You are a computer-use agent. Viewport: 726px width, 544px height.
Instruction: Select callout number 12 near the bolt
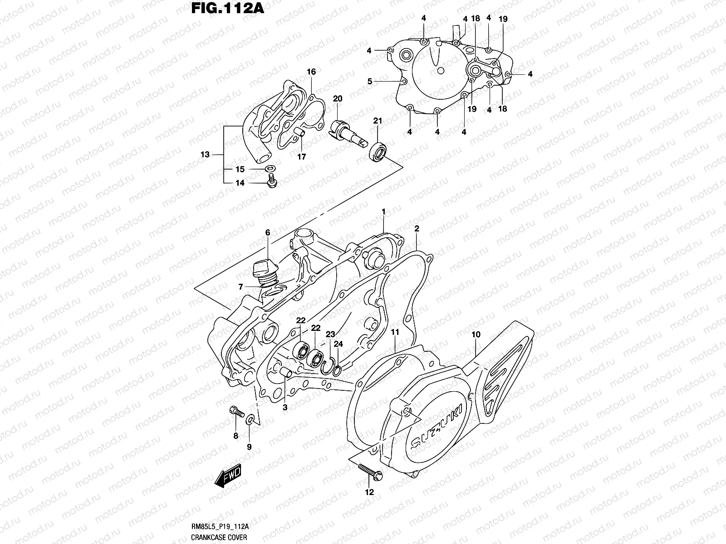tap(369, 492)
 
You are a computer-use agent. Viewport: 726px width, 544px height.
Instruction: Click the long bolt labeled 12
tap(370, 471)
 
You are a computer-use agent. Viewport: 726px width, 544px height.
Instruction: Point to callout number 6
tap(268, 233)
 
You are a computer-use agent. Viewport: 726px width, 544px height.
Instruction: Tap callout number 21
tap(378, 121)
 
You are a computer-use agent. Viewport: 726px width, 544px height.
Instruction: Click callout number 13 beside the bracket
tap(205, 155)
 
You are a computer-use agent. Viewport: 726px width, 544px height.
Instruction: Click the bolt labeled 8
tap(235, 412)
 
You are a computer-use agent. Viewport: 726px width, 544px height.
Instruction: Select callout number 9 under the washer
tap(249, 447)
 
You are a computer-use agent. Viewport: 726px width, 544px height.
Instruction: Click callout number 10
tap(476, 335)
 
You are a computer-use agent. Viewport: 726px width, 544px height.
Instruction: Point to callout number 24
tap(338, 344)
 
